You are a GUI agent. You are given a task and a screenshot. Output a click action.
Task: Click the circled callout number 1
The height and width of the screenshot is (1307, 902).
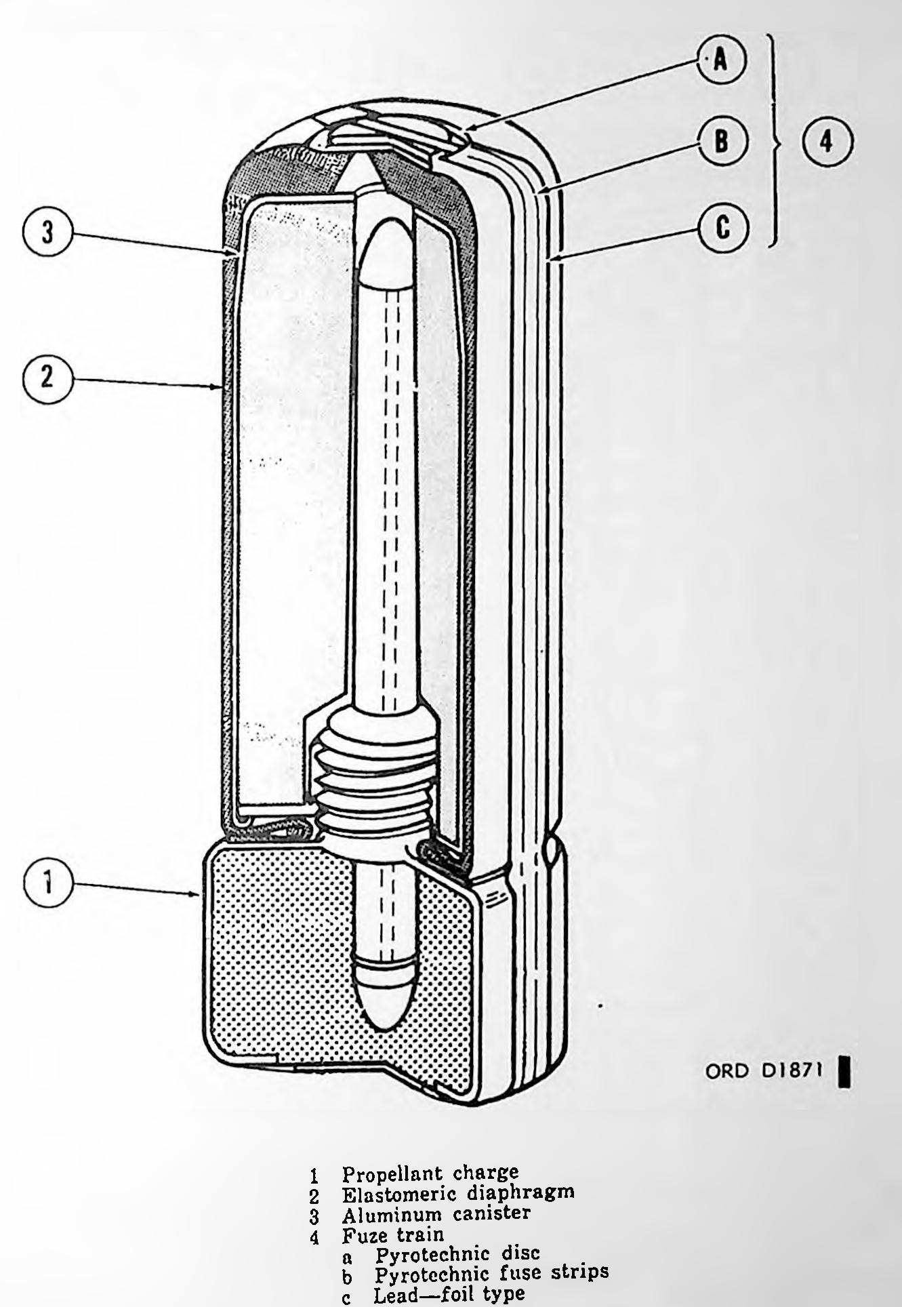[47, 883]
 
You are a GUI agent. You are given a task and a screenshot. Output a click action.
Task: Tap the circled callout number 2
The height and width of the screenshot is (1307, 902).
[47, 377]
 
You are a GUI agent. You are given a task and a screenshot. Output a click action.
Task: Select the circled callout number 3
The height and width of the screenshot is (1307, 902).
[47, 233]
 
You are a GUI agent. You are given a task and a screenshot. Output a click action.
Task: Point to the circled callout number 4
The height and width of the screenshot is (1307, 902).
[826, 142]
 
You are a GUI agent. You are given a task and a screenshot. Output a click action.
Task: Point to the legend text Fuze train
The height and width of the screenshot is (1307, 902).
[383, 1235]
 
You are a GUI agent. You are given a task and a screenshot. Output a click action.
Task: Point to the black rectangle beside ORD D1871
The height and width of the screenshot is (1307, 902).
[844, 1072]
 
